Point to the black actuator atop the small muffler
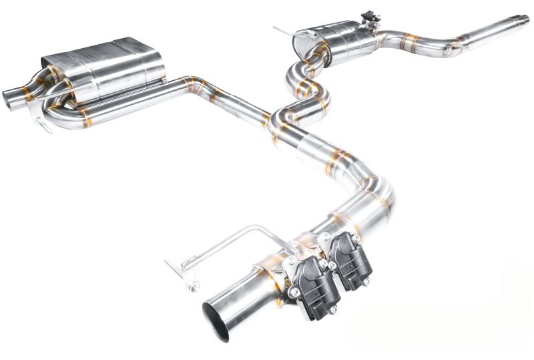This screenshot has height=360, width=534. pyautogui.click(x=368, y=17)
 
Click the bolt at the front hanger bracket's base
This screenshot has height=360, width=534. pyautogui.click(x=194, y=287)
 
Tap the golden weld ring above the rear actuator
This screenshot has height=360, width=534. pyautogui.click(x=344, y=220)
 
